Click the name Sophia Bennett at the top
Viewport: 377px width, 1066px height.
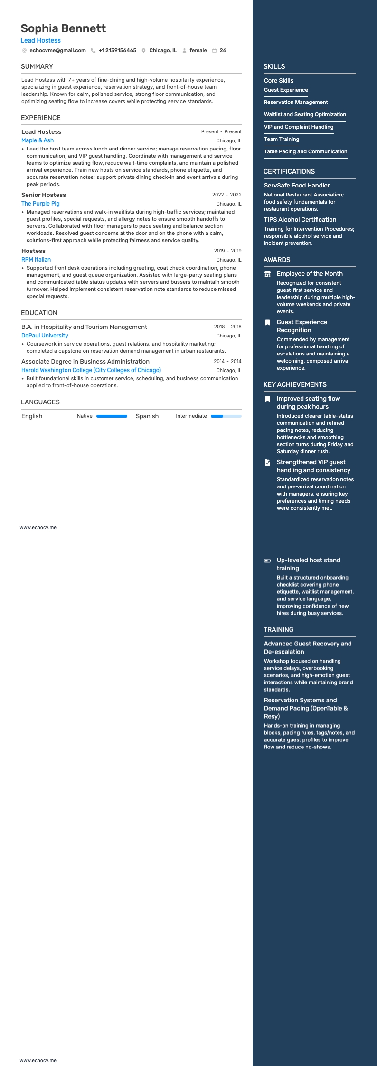(x=63, y=28)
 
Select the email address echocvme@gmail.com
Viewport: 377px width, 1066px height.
(x=57, y=50)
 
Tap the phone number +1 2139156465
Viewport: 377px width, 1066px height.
(x=117, y=50)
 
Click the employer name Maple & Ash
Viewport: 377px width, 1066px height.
(x=38, y=140)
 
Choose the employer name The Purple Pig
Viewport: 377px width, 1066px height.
(x=40, y=204)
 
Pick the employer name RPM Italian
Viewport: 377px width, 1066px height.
(x=36, y=260)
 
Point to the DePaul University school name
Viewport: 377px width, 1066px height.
(x=45, y=336)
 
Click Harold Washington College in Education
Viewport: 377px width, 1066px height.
(x=91, y=370)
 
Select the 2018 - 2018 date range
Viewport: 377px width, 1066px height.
(x=227, y=327)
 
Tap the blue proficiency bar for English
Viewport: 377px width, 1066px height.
(x=112, y=416)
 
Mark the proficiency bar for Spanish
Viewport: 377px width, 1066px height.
(x=226, y=416)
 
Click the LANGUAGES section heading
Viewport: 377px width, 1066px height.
(x=40, y=402)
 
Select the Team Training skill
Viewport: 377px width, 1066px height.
(x=282, y=139)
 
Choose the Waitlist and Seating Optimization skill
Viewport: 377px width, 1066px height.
(x=305, y=114)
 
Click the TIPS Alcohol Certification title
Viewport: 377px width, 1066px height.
(x=300, y=220)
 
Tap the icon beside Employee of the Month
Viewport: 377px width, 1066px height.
(x=267, y=274)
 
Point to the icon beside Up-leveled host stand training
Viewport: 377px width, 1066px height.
(x=267, y=561)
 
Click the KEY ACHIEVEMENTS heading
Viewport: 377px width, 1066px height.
(x=295, y=384)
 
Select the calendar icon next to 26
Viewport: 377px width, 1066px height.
(x=214, y=50)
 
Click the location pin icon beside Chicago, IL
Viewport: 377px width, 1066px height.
(x=143, y=50)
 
